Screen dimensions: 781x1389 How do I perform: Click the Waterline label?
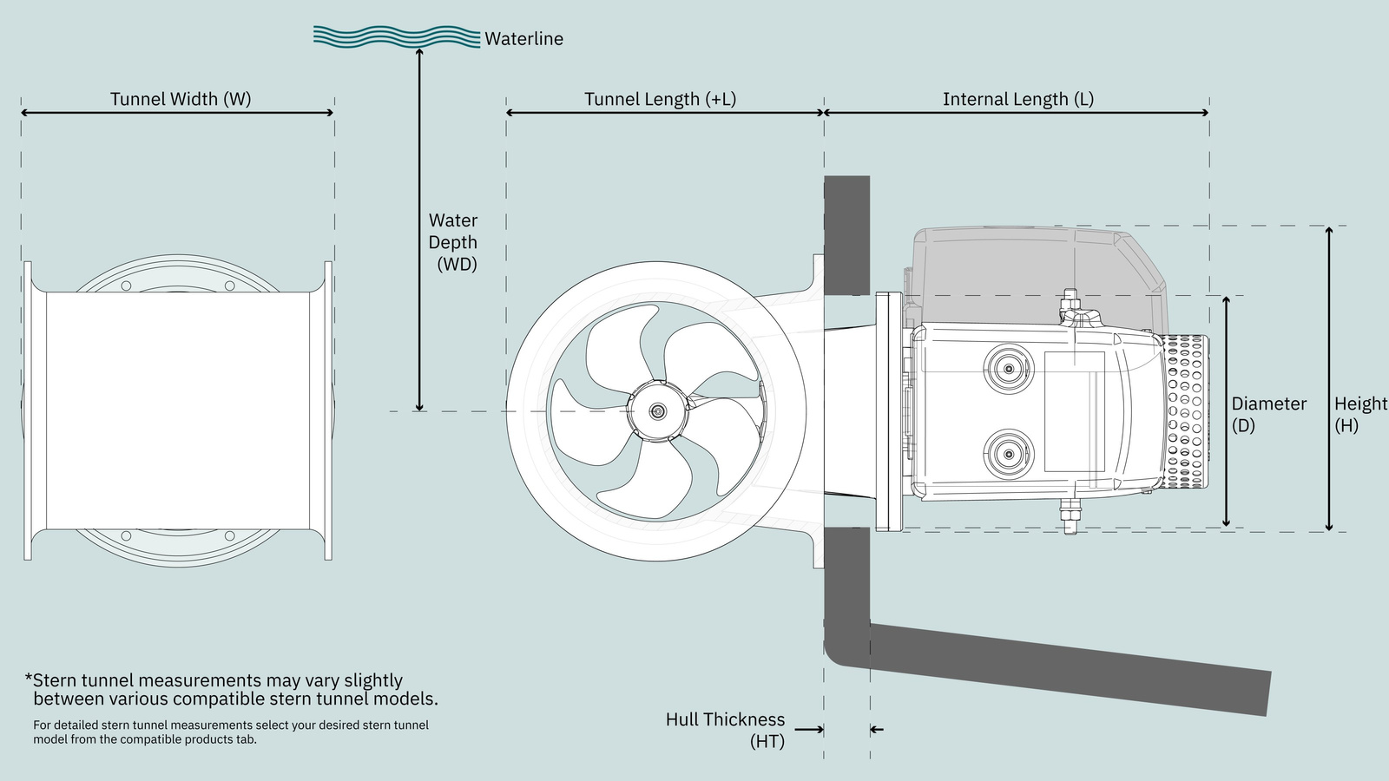click(523, 39)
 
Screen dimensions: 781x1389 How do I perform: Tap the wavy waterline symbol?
click(396, 36)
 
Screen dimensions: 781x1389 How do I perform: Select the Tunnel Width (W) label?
click(181, 99)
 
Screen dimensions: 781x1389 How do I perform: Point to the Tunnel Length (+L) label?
click(660, 99)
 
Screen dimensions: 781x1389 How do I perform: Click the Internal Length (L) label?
click(1017, 99)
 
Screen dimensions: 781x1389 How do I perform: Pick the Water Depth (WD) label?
click(453, 242)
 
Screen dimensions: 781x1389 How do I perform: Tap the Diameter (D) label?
click(1268, 414)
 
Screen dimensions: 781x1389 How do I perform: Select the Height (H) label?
click(1359, 414)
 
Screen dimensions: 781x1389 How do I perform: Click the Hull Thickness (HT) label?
click(725, 730)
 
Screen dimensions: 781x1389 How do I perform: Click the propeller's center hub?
click(658, 411)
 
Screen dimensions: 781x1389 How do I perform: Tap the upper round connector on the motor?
click(1008, 370)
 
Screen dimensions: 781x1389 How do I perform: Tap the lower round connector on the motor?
click(1008, 452)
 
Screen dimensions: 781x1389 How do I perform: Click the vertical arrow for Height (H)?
click(1328, 378)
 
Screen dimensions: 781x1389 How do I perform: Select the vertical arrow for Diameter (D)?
click(1226, 411)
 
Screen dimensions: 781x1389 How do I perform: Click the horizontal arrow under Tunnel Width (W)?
click(177, 113)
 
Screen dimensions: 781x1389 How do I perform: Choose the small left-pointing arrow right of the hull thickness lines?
click(877, 729)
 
